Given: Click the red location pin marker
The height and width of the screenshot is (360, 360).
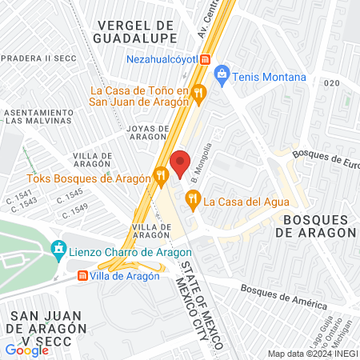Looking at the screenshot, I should click(x=180, y=162).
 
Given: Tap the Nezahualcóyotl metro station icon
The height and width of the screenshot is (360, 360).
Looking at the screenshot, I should click(x=206, y=59).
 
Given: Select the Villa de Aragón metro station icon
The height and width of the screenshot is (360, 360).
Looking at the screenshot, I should click(x=82, y=276).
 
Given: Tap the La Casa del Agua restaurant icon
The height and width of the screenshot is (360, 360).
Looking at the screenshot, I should click(x=192, y=198).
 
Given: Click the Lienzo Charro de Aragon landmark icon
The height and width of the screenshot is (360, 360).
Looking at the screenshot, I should click(x=58, y=250).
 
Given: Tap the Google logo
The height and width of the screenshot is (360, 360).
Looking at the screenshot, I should click(x=27, y=350).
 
